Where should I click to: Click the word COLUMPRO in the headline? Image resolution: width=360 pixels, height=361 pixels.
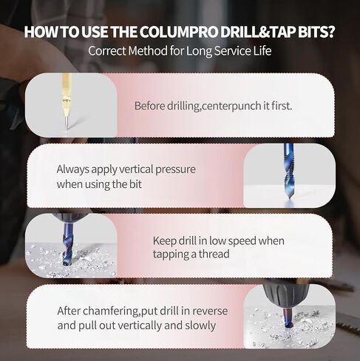pyautogui.click(x=180, y=32)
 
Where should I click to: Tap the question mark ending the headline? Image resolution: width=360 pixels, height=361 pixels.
pyautogui.click(x=330, y=32)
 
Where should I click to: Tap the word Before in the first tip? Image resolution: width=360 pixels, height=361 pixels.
pyautogui.click(x=150, y=106)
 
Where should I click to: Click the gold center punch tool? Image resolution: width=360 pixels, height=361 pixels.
pyautogui.click(x=66, y=103)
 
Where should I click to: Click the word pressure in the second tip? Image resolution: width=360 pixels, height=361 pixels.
pyautogui.click(x=175, y=170)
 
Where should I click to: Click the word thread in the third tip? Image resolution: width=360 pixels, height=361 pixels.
pyautogui.click(x=214, y=254)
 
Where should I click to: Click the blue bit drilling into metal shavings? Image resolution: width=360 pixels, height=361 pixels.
pyautogui.click(x=67, y=244)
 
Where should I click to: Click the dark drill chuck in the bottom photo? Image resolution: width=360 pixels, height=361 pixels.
pyautogui.click(x=286, y=296)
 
